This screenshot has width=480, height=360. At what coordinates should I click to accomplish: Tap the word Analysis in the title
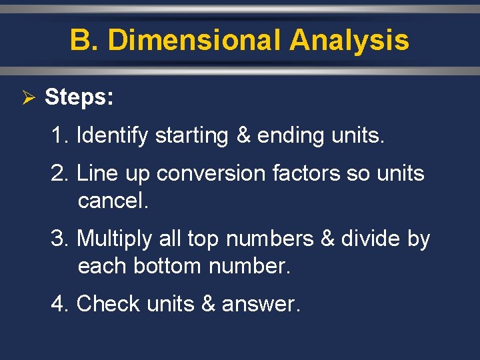349,40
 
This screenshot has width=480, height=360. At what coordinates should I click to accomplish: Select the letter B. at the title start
84,40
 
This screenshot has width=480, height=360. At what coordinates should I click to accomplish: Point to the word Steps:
79,98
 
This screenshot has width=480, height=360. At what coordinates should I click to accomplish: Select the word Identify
112,135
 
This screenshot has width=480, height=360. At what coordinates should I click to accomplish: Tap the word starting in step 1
192,136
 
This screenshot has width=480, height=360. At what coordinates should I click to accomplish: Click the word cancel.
113,201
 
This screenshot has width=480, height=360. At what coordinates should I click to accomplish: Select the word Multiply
116,239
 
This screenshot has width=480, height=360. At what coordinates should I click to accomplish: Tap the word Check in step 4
109,303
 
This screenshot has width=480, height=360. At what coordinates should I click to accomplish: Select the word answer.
260,304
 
